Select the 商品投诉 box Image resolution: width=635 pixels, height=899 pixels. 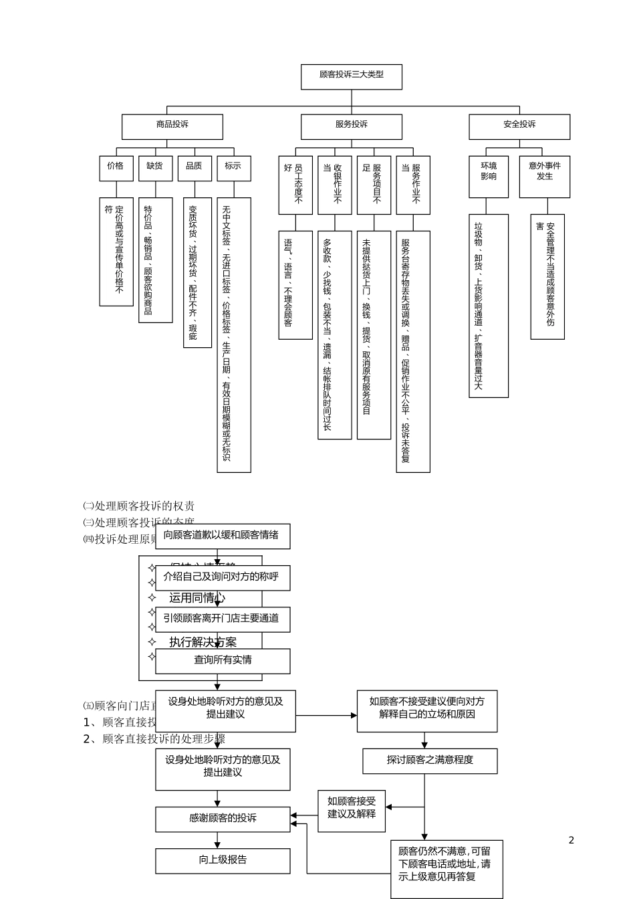[172, 126]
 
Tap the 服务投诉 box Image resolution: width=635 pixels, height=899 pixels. [351, 126]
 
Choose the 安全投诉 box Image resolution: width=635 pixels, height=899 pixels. [519, 126]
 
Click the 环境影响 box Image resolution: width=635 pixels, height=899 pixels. [489, 176]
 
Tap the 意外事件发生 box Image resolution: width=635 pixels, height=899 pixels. [545, 176]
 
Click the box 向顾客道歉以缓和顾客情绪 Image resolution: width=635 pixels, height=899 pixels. [223, 536]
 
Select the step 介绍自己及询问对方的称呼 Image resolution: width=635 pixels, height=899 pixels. [223, 577]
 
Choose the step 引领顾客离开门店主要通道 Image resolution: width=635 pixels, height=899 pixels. [223, 619]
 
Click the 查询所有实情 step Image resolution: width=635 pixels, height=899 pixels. [223, 661]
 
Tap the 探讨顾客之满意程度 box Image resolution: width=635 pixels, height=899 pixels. [430, 761]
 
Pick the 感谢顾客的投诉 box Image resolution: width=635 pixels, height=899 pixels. [223, 819]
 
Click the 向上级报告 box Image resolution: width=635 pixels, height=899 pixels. [223, 860]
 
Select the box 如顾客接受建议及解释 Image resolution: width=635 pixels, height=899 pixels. [352, 810]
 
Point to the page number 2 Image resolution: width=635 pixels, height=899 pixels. [571, 840]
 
